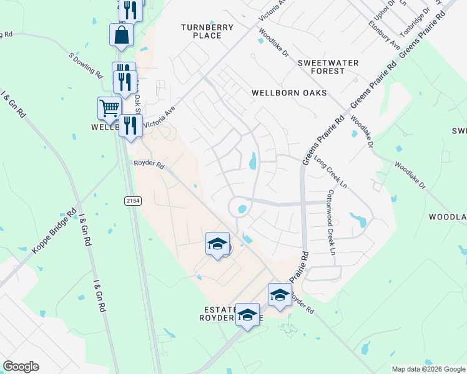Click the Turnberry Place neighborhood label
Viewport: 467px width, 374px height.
pos(207,31)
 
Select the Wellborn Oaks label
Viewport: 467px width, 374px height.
pos(289,93)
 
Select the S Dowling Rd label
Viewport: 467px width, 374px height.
pos(86,65)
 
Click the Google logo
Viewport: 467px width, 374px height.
pos(21,367)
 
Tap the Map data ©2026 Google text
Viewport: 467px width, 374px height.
pos(428,369)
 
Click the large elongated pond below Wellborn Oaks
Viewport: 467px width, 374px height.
pos(253,161)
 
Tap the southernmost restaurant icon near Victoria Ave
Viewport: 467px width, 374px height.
pos(130,125)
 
